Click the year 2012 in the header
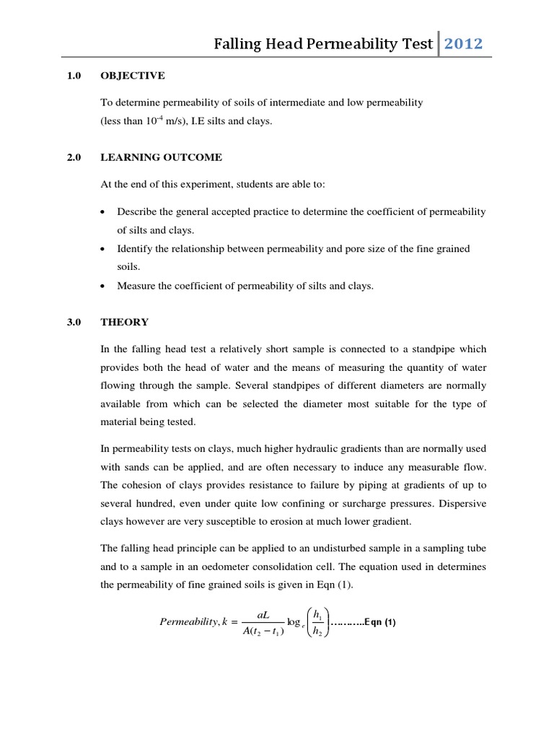(463, 45)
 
